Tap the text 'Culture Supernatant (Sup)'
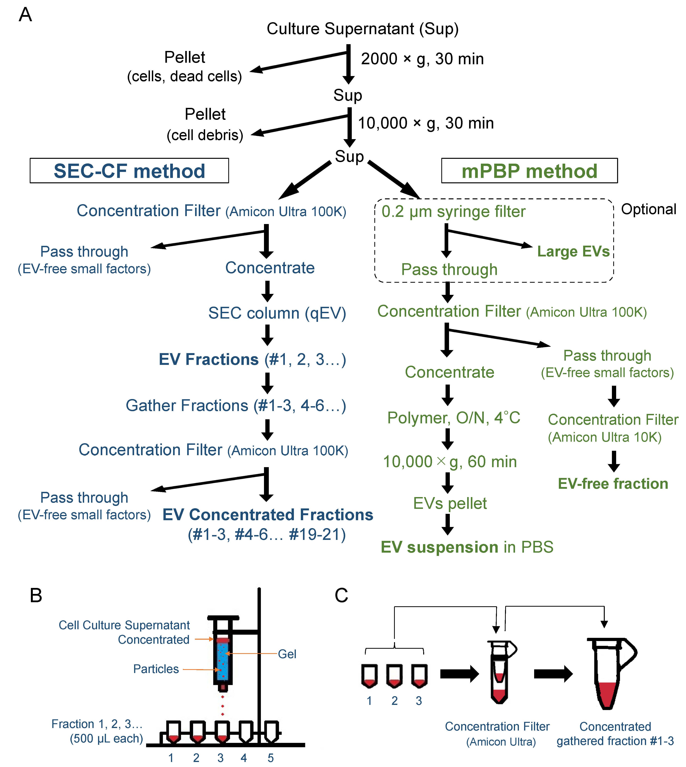[363, 29]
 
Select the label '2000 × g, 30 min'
[422, 59]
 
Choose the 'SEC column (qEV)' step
[277, 313]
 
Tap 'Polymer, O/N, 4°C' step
[454, 418]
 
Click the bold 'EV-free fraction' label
[613, 484]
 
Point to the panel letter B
[36, 595]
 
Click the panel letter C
[342, 595]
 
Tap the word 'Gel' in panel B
[287, 654]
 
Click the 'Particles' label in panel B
[156, 669]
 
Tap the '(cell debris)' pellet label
[205, 135]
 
